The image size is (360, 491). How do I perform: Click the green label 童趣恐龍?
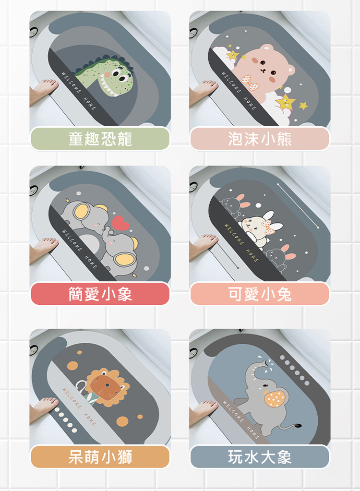point(100,138)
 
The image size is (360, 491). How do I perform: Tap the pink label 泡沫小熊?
point(260,138)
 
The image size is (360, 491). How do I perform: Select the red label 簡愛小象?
point(100,294)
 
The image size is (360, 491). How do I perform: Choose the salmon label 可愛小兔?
point(260,294)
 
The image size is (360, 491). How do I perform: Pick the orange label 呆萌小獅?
point(100,456)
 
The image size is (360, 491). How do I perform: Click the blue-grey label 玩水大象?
point(260,456)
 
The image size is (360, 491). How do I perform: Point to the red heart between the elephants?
point(120,223)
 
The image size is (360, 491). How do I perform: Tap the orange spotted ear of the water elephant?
point(275,398)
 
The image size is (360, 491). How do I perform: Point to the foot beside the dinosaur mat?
point(43,91)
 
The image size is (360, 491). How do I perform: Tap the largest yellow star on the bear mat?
point(286,102)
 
